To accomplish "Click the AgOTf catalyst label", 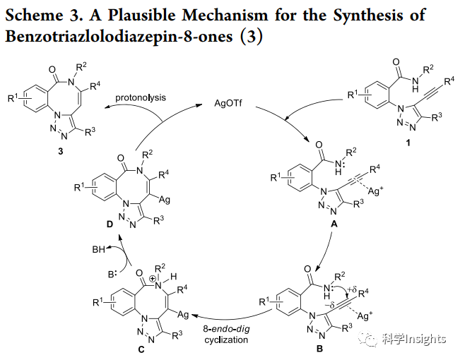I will [230, 102].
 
